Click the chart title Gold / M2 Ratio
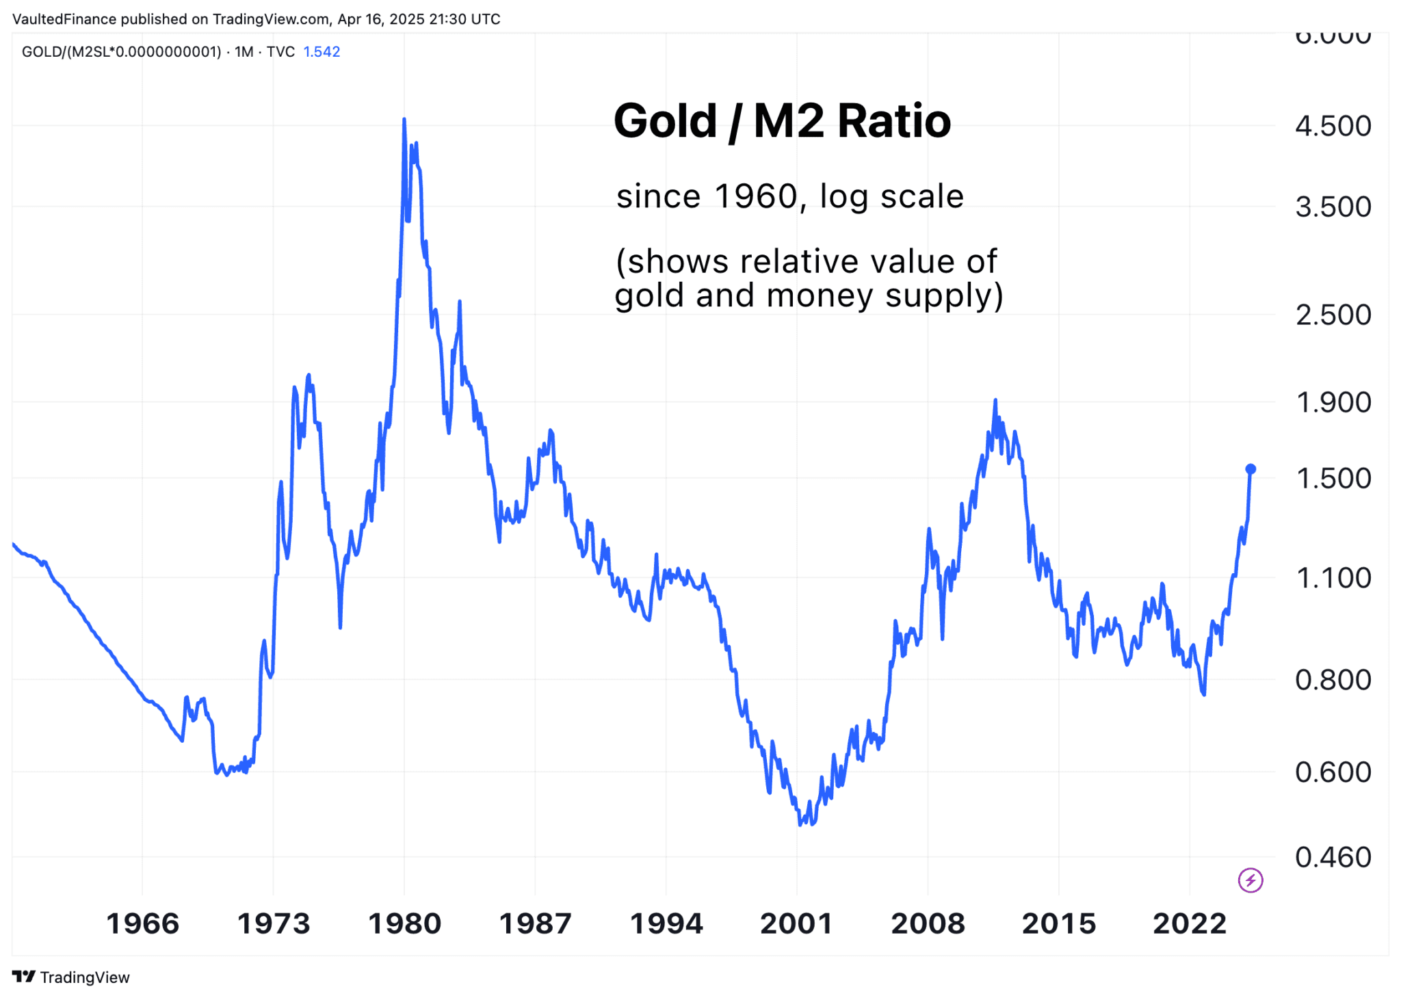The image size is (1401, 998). coord(781,121)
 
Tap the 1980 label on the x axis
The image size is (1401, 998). coord(404,923)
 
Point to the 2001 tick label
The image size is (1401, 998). coord(796,923)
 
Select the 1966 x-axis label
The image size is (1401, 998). coord(142,923)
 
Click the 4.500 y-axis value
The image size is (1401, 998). coord(1333,126)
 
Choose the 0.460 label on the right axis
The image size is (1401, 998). coord(1333,857)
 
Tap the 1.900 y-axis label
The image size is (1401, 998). coord(1333,402)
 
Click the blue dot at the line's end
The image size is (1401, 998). coord(1251,469)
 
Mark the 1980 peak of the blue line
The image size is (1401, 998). coord(404,120)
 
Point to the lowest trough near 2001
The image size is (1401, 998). coord(800,824)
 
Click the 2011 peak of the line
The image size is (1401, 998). coord(995,400)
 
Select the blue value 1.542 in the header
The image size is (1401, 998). coord(322,52)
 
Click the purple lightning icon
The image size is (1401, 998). coord(1251,880)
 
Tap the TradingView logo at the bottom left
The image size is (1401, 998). coord(71,977)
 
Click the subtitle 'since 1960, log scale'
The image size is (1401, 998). coord(789,196)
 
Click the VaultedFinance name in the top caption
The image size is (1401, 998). coord(64,19)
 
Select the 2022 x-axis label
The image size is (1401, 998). coord(1190,923)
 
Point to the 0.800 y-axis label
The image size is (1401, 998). coord(1333,680)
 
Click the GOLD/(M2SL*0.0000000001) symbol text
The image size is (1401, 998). coord(121,52)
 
